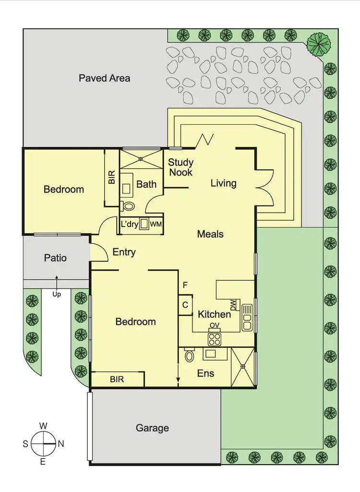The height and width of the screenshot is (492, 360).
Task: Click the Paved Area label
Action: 104,78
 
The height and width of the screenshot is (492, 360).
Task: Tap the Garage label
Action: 152,428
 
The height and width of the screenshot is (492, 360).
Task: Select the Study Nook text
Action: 180,167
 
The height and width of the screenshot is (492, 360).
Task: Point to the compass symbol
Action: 43,444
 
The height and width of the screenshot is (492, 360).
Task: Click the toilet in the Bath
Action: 128,206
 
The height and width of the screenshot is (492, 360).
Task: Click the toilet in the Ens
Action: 189,356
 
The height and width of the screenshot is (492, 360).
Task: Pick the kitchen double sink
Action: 248,317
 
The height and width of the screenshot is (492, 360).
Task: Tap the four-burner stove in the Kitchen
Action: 214,339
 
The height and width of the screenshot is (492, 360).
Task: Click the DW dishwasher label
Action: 233,304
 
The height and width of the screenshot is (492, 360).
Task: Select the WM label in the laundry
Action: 156,224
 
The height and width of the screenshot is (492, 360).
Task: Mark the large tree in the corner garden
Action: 319,43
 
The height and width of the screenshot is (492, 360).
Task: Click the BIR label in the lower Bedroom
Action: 117,379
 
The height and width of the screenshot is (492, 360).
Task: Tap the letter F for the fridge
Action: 185,285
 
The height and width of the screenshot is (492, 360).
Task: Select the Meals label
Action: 210,234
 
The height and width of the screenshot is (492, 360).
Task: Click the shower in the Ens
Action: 243,367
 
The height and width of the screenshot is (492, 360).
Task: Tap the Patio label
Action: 55,258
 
